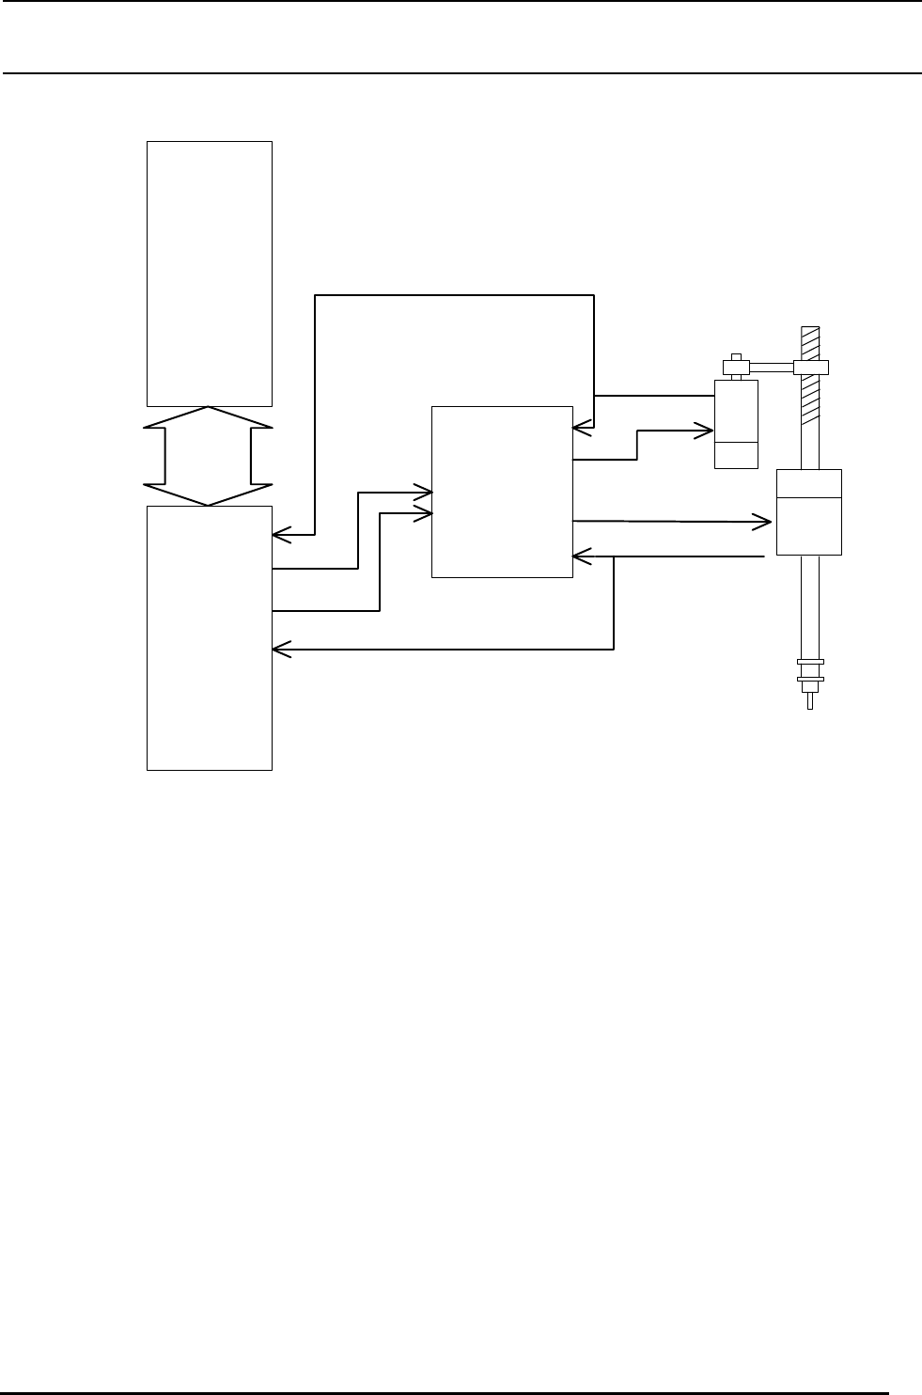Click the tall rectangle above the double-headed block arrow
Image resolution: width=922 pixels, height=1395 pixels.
[210, 274]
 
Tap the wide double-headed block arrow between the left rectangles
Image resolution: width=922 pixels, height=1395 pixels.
[208, 456]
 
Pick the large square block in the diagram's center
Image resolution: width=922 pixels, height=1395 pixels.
[501, 492]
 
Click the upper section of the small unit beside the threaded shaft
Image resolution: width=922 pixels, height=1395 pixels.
[736, 411]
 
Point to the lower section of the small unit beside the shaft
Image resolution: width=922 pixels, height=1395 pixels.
[736, 455]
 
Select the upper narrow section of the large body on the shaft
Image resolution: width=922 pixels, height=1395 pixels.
[809, 483]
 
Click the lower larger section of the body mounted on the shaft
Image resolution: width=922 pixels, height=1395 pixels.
[809, 526]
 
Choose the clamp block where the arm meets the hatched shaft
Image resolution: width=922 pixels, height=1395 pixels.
[809, 367]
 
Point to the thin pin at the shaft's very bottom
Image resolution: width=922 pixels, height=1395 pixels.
[809, 701]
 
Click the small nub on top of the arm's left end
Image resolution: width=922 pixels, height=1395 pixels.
[736, 355]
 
